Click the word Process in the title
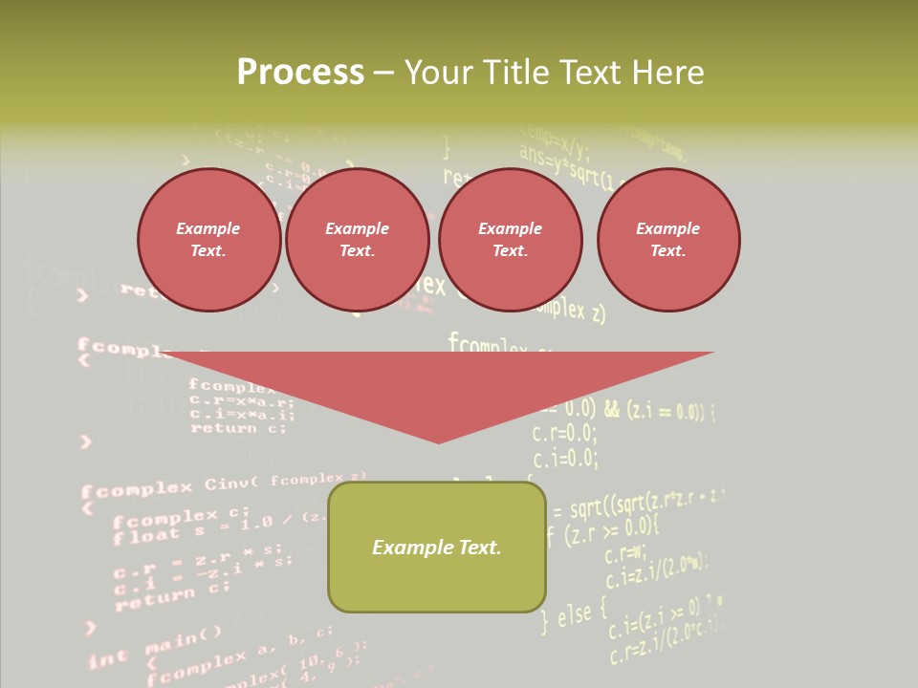pyautogui.click(x=300, y=73)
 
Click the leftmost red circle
pyautogui.click(x=208, y=240)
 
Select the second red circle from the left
pyautogui.click(x=357, y=240)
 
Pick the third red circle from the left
pyautogui.click(x=510, y=240)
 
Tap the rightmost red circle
pyautogui.click(x=667, y=240)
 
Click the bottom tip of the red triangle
pyautogui.click(x=438, y=441)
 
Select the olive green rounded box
pyautogui.click(x=437, y=573)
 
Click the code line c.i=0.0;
pyautogui.click(x=564, y=460)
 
